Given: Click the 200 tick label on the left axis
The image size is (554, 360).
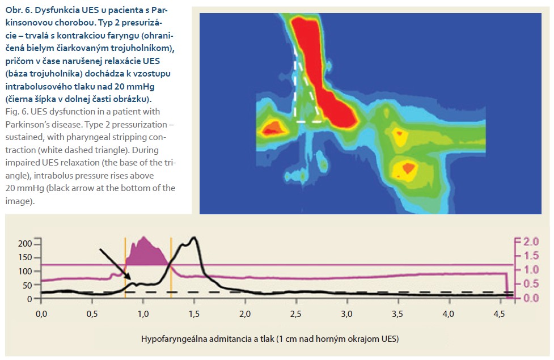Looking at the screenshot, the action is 25,243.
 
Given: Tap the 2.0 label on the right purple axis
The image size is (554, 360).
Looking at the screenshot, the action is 531,242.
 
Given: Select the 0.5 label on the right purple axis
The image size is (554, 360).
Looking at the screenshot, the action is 531,283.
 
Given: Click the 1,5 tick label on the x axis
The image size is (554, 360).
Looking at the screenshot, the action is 194,314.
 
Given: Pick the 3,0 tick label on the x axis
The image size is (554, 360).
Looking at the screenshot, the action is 346,314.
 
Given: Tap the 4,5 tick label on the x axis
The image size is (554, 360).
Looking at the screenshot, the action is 499,314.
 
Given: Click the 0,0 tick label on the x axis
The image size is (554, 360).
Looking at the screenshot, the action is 41,314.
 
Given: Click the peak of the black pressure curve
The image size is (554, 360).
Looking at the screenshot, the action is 193,238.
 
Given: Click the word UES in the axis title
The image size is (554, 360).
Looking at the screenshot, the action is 390,339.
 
